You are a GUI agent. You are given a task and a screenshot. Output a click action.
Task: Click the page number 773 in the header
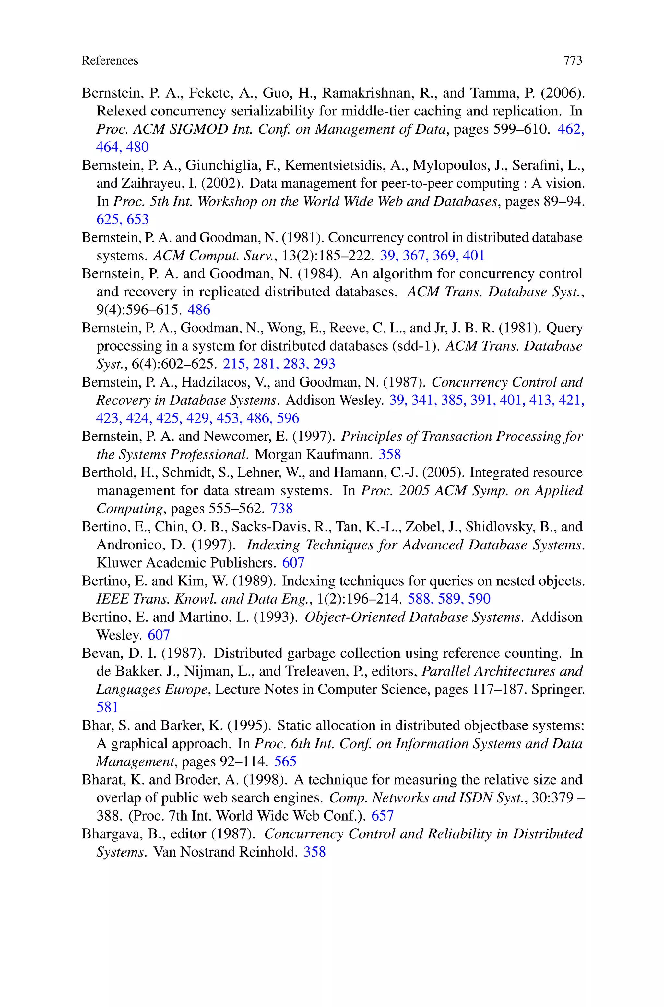pyautogui.click(x=573, y=61)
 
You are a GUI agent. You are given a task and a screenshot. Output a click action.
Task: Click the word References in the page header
pyautogui.click(x=110, y=61)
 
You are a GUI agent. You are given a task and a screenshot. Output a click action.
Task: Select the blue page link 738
pyautogui.click(x=282, y=508)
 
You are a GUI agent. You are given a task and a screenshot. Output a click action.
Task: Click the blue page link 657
pyautogui.click(x=382, y=816)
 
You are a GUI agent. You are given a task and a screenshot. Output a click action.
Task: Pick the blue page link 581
pyautogui.click(x=107, y=707)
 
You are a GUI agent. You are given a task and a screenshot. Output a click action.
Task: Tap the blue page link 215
pyautogui.click(x=234, y=364)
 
